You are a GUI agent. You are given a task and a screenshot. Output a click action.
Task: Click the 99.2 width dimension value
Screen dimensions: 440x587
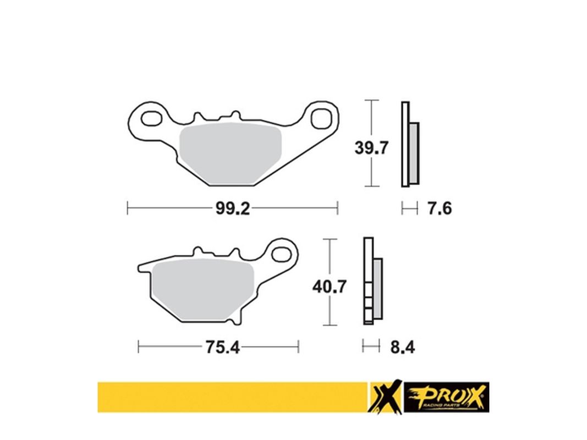[231, 208]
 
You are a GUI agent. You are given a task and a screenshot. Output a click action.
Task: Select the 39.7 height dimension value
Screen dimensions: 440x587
[372, 148]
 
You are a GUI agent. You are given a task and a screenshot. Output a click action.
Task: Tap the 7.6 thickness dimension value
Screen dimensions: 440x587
[439, 208]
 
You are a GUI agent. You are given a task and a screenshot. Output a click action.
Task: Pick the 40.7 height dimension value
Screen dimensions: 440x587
[329, 287]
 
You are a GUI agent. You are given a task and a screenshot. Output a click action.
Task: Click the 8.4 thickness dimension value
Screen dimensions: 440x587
[402, 348]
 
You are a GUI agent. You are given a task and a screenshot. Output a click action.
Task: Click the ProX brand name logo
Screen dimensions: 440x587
[446, 398]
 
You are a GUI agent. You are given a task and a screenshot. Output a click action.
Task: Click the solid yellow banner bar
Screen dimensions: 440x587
[231, 397]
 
